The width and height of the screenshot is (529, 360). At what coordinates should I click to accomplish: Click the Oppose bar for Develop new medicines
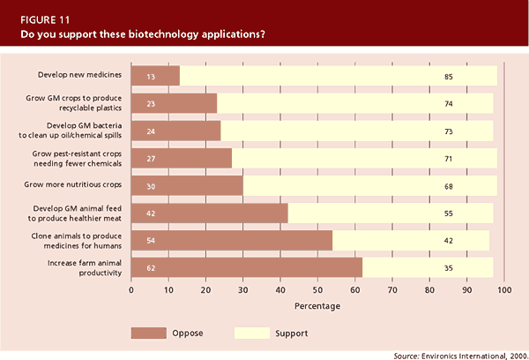point(155,76)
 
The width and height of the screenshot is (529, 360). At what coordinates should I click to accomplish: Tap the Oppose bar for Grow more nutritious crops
point(187,185)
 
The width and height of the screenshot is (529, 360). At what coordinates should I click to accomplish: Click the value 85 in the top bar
point(449,77)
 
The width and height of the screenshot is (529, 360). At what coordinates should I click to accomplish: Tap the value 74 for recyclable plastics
point(449,104)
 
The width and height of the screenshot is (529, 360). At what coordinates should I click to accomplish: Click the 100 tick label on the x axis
point(503,289)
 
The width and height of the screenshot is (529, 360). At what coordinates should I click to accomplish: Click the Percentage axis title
point(317,305)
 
